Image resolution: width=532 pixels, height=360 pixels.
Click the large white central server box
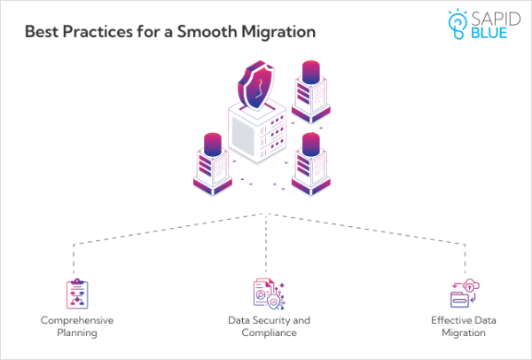[257, 142]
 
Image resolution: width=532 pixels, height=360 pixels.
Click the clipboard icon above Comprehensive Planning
[77, 293]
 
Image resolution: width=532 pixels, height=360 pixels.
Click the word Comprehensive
[77, 319]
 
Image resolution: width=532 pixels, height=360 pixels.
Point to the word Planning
[77, 334]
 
